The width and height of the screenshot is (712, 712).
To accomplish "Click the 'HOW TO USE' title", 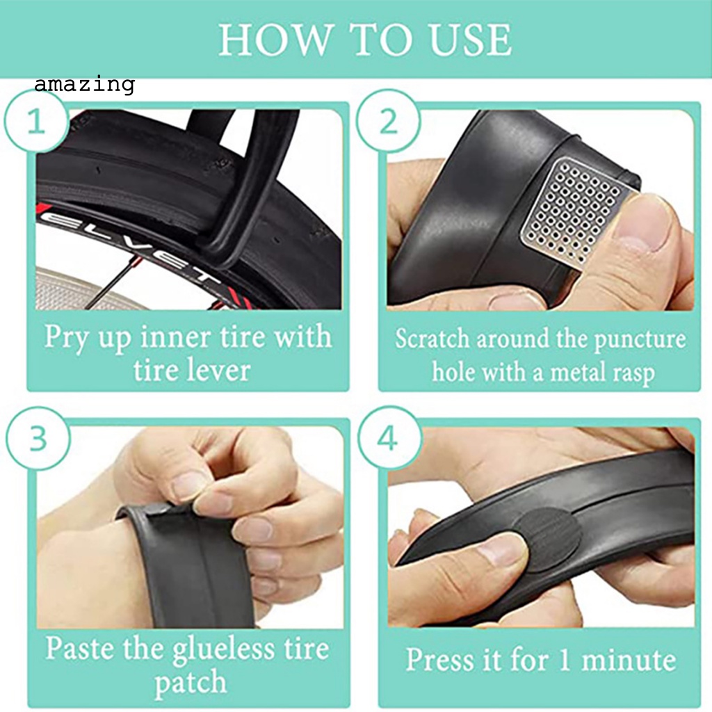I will coord(365,40).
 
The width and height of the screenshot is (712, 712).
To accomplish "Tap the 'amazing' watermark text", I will coord(84,85).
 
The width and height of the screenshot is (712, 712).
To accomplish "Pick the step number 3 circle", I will coord(38,439).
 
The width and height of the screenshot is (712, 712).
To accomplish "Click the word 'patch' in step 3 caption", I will coord(190,683).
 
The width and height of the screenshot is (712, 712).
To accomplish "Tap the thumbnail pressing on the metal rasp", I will coord(643,226).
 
